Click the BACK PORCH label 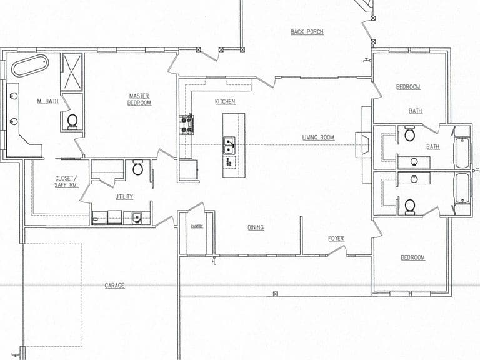307,32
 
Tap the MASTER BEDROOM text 139,99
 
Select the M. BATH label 47,101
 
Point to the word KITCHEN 225,101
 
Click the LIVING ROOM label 318,137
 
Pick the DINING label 256,227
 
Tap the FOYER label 336,239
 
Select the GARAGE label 114,286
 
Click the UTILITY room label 124,196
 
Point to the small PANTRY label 197,226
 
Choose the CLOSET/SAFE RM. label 67,181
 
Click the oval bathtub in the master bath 30,66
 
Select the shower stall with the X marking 72,72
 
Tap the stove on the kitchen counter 187,123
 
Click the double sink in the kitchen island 229,146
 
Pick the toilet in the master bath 72,121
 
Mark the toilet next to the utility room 137,167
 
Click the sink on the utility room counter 136,217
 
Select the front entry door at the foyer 337,251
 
